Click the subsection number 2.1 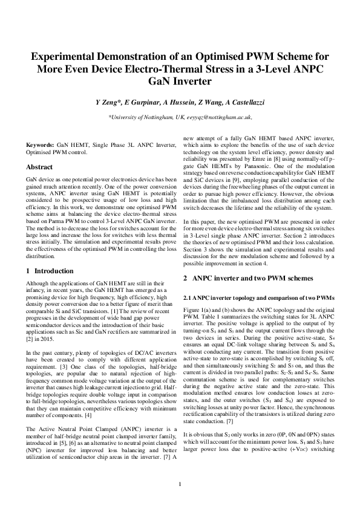[188, 298]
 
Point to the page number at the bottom [180, 483]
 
